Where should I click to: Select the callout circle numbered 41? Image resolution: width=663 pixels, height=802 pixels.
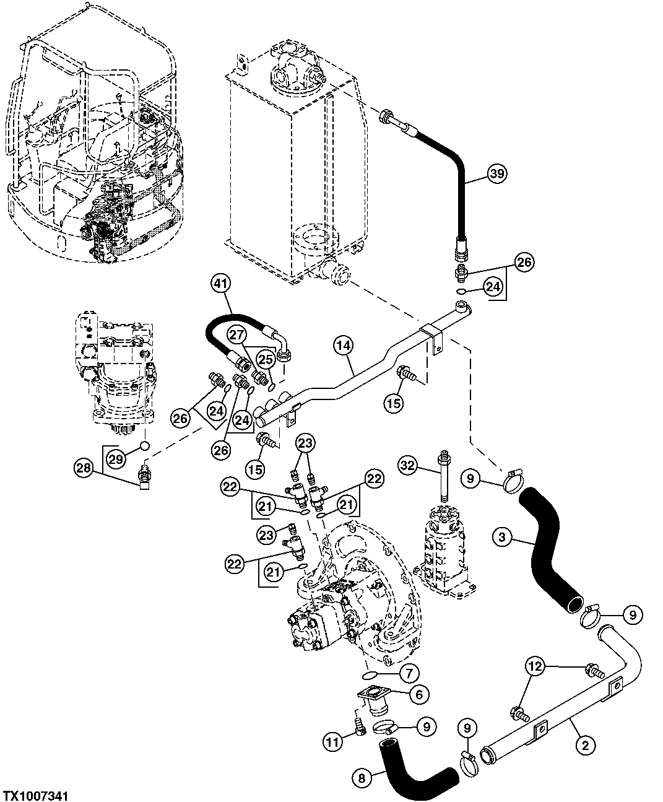(x=220, y=284)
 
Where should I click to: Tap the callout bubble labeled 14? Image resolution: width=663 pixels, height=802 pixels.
(x=344, y=346)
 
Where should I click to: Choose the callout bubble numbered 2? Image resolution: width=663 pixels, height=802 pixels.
(x=586, y=746)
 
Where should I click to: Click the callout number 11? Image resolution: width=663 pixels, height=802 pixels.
(x=334, y=741)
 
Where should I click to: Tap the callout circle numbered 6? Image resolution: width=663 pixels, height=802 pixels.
(x=419, y=695)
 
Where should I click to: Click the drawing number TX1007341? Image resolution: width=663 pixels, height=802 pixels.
(x=35, y=795)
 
